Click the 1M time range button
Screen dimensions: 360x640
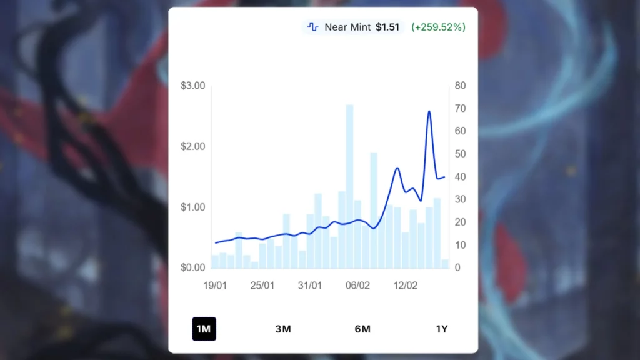pos(204,329)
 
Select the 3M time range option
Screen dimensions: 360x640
pos(283,329)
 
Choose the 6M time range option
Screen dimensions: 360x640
pos(362,329)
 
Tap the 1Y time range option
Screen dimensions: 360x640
pos(442,329)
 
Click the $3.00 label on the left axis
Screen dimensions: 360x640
pos(192,86)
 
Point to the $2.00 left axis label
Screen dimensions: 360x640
pos(192,146)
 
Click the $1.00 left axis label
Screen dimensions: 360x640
pos(192,207)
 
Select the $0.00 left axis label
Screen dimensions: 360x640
pos(192,267)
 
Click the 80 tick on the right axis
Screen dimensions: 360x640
pos(461,86)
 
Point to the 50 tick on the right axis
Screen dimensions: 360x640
pos(461,154)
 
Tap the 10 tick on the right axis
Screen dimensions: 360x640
pos(461,245)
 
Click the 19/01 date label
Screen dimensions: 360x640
pos(215,286)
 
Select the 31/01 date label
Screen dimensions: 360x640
pos(310,286)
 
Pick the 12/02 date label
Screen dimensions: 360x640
pos(405,286)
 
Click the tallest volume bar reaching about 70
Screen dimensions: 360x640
pos(350,187)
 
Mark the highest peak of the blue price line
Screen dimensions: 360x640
pos(429,112)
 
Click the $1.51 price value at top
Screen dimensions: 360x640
pos(387,27)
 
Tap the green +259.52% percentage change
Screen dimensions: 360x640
pos(438,27)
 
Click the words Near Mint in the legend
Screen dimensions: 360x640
pos(348,27)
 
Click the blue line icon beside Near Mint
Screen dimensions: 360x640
pos(313,27)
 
